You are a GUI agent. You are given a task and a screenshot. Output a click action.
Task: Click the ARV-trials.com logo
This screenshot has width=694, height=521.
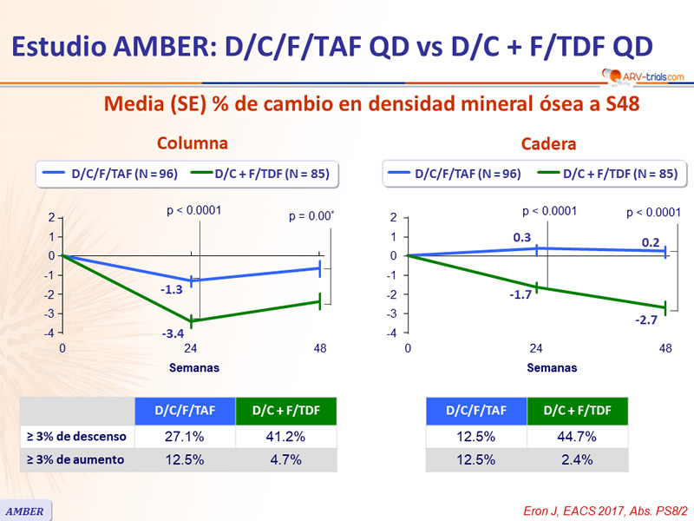pyautogui.click(x=638, y=76)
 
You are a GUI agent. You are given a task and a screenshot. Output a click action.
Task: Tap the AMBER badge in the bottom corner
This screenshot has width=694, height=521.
pyautogui.click(x=26, y=511)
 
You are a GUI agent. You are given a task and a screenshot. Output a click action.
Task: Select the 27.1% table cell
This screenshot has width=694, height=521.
pyautogui.click(x=185, y=437)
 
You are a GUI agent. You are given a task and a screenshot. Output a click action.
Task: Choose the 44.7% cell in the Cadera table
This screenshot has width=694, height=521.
pyautogui.click(x=578, y=437)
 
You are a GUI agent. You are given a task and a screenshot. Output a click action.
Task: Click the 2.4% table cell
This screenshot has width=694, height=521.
pyautogui.click(x=578, y=460)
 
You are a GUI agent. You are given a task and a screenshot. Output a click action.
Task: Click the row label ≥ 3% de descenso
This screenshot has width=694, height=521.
pyautogui.click(x=77, y=437)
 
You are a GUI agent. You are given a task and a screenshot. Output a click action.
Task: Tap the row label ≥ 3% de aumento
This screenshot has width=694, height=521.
pyautogui.click(x=75, y=460)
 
